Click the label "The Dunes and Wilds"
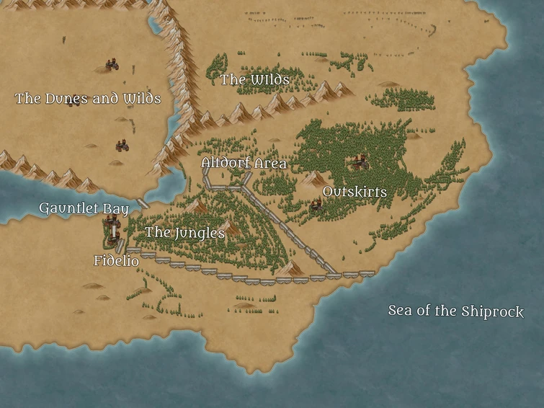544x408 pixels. pyautogui.click(x=88, y=99)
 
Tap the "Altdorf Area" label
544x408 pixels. pyautogui.click(x=244, y=164)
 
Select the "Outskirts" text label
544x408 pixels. pyautogui.click(x=355, y=192)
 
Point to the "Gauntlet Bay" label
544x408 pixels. pyautogui.click(x=84, y=209)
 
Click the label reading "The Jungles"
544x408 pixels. pyautogui.click(x=184, y=233)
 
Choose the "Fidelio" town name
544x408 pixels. pyautogui.click(x=116, y=261)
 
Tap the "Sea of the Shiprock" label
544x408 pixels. pyautogui.click(x=455, y=311)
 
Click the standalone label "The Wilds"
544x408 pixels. pyautogui.click(x=254, y=79)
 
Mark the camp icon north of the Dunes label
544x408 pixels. pyautogui.click(x=112, y=66)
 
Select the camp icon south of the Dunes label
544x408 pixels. pyautogui.click(x=122, y=146)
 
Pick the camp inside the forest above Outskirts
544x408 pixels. pyautogui.click(x=360, y=163)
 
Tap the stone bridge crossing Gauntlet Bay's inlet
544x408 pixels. pyautogui.click(x=143, y=204)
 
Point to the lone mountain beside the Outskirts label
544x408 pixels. pyautogui.click(x=312, y=177)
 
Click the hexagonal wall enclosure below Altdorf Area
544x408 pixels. pyautogui.click(x=224, y=179)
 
